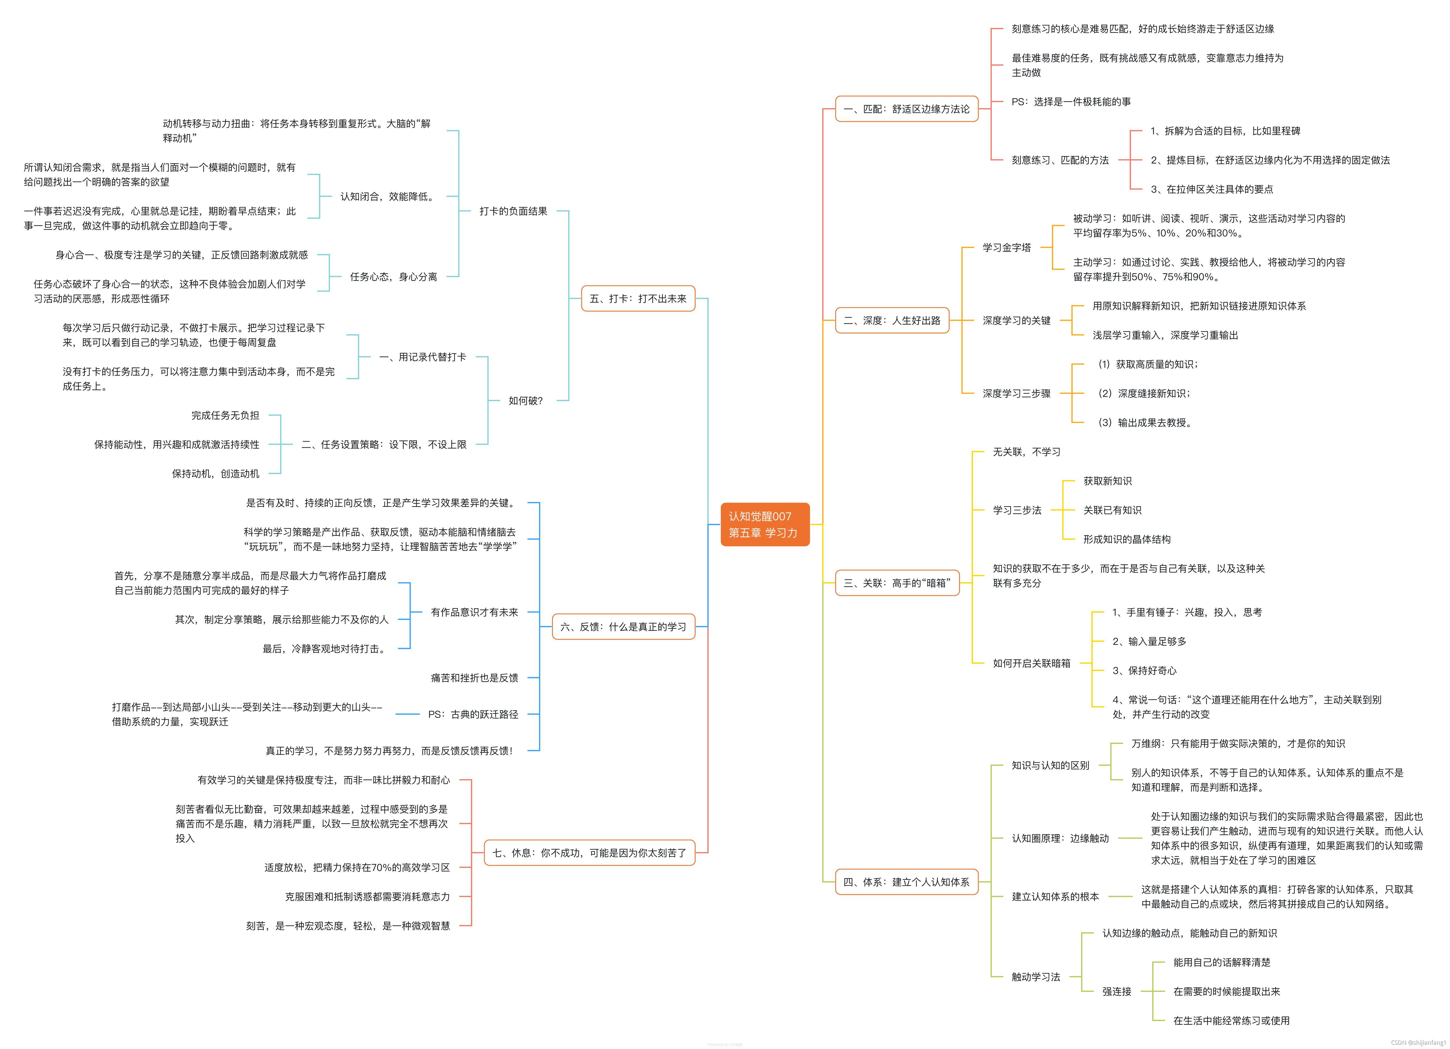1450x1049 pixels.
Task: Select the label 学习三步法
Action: tap(1016, 510)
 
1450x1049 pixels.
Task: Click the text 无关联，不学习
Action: tap(1026, 452)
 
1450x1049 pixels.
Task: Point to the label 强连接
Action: tap(1116, 992)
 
